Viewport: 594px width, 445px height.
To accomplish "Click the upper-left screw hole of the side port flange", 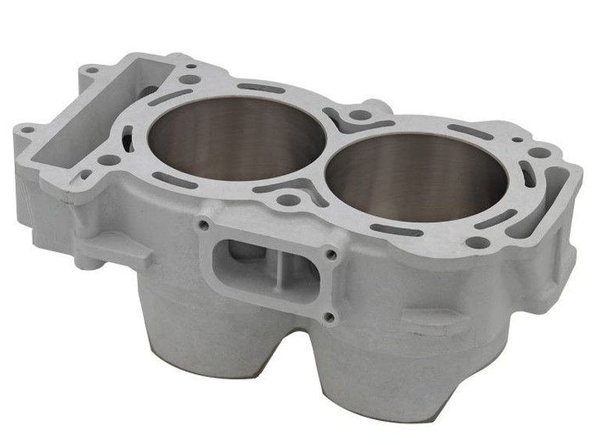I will click(204, 225).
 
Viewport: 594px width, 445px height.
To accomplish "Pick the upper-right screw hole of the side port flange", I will click(333, 254).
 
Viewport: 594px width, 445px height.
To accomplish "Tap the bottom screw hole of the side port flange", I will click(328, 316).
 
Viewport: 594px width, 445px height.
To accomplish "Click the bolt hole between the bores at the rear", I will click(359, 116).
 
